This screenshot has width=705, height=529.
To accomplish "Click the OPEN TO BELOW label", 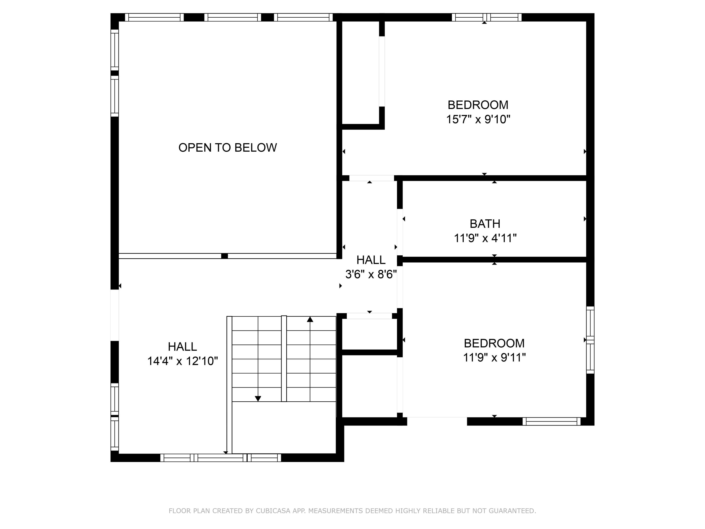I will [x=227, y=148].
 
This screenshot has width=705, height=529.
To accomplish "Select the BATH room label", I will [x=485, y=224].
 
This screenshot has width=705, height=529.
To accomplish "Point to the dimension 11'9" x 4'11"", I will [x=485, y=238].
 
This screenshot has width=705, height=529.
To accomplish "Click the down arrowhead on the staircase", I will [x=258, y=399].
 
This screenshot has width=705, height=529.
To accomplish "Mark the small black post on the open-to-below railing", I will [x=224, y=256].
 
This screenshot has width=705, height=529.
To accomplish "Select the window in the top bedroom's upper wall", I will [x=486, y=17].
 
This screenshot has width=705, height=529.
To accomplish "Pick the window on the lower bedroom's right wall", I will [x=590, y=340].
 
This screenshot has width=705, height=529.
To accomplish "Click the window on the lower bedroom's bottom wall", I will [x=551, y=422].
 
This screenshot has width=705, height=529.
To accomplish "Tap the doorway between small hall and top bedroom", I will [x=371, y=178].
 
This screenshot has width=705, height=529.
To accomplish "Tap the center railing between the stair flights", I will [x=284, y=359].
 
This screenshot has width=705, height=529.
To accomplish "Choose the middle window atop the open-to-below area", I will [x=233, y=17].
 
